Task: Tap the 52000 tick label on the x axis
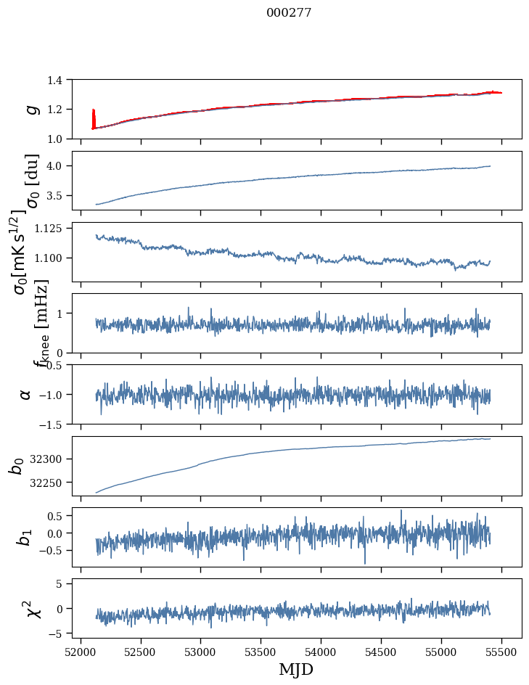pyautogui.click(x=81, y=650)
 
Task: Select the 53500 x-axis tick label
pyautogui.click(x=261, y=650)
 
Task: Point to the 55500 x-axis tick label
pyautogui.click(x=502, y=650)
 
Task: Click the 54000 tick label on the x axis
pyautogui.click(x=321, y=650)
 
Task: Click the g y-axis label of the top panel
pyautogui.click(x=31, y=109)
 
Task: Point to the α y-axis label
pyautogui.click(x=25, y=394)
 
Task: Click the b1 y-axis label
pyautogui.click(x=25, y=537)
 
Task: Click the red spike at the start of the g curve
pyautogui.click(x=94, y=116)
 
